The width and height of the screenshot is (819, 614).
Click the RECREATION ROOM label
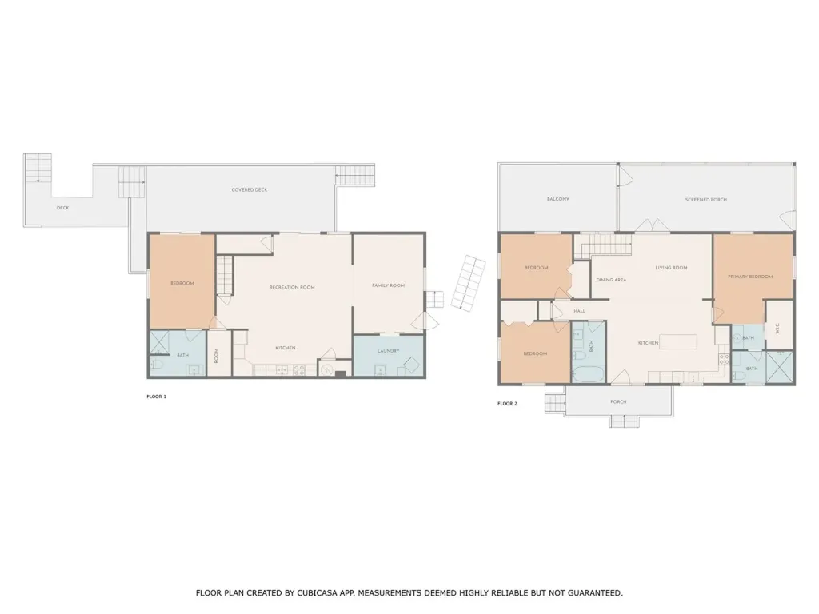click(x=291, y=287)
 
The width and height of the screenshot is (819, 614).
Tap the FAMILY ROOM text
click(x=389, y=285)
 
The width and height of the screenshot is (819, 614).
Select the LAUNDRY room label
click(x=388, y=350)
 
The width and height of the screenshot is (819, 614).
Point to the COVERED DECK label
click(x=249, y=189)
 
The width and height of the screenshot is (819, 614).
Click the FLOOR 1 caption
click(x=156, y=396)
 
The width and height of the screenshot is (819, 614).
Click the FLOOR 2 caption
click(x=507, y=404)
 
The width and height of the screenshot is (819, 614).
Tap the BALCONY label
click(x=557, y=199)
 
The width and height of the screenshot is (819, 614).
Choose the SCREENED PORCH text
click(x=706, y=199)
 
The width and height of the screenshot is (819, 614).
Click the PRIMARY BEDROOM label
click(x=750, y=277)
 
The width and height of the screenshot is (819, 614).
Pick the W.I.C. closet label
click(x=777, y=329)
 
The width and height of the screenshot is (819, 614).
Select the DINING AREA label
click(x=611, y=280)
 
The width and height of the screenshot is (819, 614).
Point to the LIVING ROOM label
click(x=671, y=268)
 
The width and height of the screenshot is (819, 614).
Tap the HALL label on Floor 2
click(x=580, y=311)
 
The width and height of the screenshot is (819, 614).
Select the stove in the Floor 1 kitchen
click(x=300, y=370)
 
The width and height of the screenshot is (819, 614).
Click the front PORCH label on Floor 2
click(x=618, y=401)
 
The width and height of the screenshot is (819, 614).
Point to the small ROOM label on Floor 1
click(x=216, y=355)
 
